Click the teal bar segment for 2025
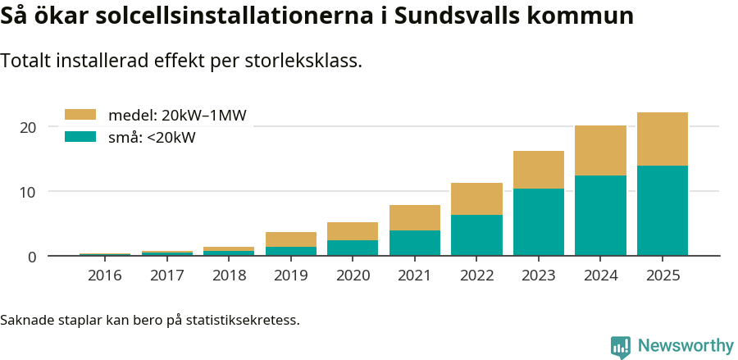pyautogui.click(x=662, y=210)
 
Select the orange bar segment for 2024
pyautogui.click(x=600, y=150)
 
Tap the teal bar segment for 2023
pyautogui.click(x=538, y=221)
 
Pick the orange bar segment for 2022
pyautogui.click(x=476, y=198)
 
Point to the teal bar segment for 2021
pyautogui.click(x=414, y=243)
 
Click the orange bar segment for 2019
pyautogui.click(x=290, y=239)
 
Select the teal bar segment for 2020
pyautogui.click(x=353, y=248)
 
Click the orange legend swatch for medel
pyautogui.click(x=80, y=115)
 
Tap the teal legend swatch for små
pyautogui.click(x=80, y=137)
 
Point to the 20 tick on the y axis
pyautogui.click(x=29, y=127)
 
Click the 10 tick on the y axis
pyautogui.click(x=29, y=192)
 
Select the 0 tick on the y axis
pyautogui.click(x=32, y=257)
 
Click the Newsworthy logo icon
pyautogui.click(x=621, y=346)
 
